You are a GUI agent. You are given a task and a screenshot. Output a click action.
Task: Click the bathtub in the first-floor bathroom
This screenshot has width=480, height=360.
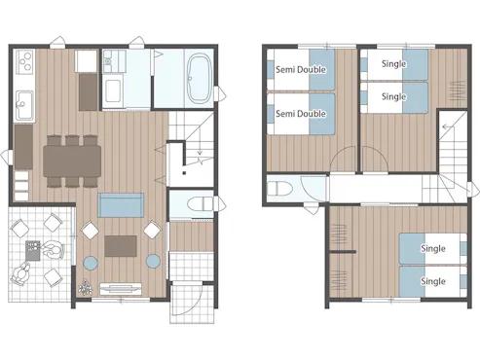pos(199,78)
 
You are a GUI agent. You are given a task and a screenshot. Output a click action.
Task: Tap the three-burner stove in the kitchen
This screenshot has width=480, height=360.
pos(24,61)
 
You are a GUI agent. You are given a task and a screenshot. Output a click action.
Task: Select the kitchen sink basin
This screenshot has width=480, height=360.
pos(24,105)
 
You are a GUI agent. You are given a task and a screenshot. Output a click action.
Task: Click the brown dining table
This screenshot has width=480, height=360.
pos(72,161)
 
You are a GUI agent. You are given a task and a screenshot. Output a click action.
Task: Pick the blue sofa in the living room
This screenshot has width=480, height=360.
pos(121,205)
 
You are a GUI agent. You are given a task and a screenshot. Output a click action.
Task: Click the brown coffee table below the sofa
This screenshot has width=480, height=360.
pos(121,246)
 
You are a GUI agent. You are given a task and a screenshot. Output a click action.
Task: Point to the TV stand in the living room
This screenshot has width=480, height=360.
pos(121,289)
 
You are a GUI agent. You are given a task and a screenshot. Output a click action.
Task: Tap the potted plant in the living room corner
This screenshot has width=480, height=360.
pos(85,287)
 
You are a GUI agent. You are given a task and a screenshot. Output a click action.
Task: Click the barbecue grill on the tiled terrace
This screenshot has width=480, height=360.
pos(33,250)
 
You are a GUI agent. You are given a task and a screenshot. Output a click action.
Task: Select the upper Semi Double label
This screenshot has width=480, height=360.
pos(301,69)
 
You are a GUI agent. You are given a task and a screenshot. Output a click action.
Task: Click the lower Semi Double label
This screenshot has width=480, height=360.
pos(301,114)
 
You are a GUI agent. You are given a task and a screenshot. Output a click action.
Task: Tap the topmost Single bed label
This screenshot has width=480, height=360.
pos(394,64)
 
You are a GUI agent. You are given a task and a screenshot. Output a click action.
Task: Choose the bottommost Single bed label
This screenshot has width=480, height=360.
pos(433,281)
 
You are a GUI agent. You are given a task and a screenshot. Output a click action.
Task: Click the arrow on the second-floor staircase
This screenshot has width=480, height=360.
pos(448,126)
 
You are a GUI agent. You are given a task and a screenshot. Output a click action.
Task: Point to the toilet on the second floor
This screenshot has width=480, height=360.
pos(279,189)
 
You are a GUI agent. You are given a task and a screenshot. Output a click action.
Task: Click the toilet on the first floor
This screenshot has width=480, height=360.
pos(200,204)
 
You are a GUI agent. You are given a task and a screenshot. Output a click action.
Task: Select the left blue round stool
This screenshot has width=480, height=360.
pos(91,262)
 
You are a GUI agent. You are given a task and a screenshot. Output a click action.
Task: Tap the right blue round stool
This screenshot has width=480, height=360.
pos(153,261)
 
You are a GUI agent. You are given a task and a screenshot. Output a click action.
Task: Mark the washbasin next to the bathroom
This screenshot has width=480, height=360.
pos(113,90)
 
